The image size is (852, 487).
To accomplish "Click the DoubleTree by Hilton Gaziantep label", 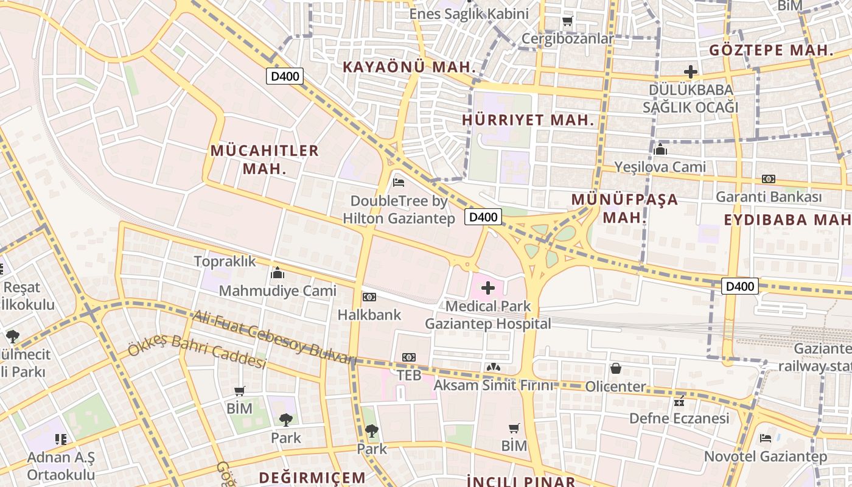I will [399, 209].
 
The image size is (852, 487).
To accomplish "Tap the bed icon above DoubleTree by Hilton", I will [399, 181].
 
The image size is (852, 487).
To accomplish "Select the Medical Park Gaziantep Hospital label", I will [487, 315].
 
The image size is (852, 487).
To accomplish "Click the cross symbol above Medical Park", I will [488, 288].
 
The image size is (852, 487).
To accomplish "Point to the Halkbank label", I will [369, 315].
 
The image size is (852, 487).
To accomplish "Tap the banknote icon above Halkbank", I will [369, 297].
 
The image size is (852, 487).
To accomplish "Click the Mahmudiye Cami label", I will [278, 290].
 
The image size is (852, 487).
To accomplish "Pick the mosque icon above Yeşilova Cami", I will [660, 149].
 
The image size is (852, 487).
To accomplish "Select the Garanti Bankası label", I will [768, 197].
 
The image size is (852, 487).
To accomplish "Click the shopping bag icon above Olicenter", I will [616, 368].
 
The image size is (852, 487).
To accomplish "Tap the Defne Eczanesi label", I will [679, 418].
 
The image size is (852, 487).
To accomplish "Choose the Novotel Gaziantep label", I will [766, 456].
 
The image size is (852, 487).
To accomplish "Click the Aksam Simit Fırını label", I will [494, 385].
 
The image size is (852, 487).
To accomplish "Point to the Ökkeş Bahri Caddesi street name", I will [197, 352].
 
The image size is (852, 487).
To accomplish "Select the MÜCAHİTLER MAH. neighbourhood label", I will [265, 159].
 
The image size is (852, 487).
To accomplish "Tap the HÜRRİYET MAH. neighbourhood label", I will [528, 120].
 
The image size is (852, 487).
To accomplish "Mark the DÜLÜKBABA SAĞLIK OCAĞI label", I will [691, 98].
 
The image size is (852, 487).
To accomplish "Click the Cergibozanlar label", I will [568, 38].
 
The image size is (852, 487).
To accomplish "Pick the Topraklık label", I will [225, 261].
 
